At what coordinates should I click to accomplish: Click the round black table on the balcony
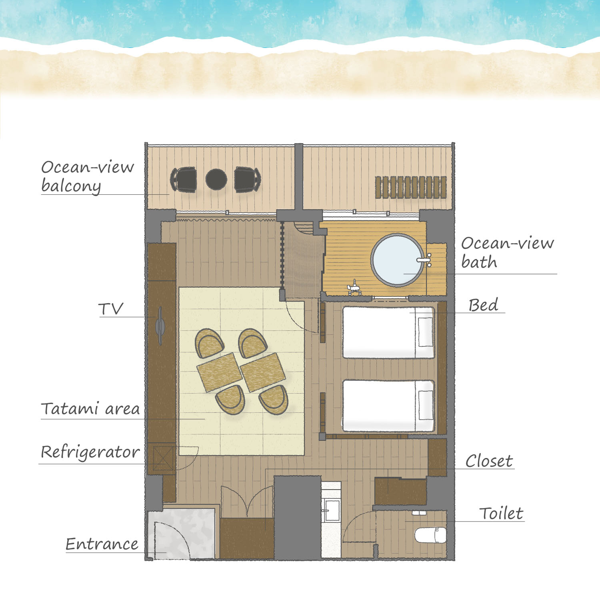[216, 180]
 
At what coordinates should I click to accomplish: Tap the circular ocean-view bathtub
[398, 260]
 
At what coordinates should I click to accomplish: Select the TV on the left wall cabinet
[160, 326]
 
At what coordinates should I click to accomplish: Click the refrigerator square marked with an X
[163, 458]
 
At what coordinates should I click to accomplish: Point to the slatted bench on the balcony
[411, 187]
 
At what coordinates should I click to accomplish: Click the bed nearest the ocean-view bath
[388, 332]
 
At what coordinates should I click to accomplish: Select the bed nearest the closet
[388, 406]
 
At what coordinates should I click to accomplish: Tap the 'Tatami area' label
[90, 409]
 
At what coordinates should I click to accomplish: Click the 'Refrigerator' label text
[90, 452]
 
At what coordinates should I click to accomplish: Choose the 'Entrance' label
[102, 544]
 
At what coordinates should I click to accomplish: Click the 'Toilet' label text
[501, 513]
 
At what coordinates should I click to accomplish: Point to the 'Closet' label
[489, 461]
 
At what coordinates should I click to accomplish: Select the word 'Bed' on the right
[483, 305]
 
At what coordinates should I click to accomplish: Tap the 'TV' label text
[111, 309]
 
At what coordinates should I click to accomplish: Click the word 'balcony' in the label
[71, 186]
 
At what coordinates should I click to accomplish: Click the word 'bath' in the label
[479, 262]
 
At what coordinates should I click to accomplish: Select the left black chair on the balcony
[184, 180]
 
